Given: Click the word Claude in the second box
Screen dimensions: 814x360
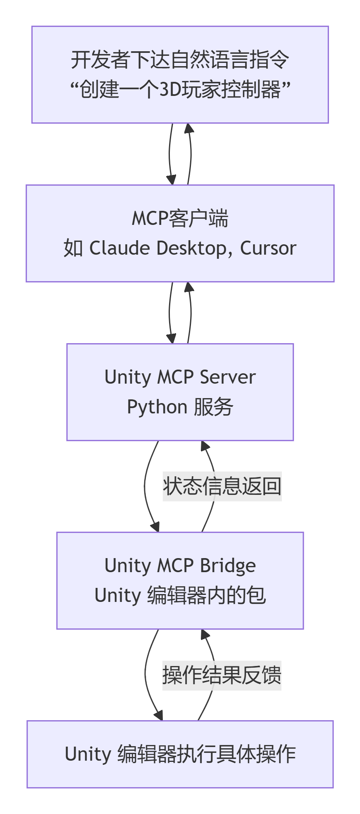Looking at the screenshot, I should tap(119, 248).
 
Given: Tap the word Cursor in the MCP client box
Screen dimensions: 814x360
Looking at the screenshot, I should tap(268, 248).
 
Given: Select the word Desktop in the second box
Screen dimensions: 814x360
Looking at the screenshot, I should tap(190, 248).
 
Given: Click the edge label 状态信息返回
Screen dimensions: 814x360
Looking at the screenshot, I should tap(222, 486).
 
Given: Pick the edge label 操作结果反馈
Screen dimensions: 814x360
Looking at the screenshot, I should tap(222, 675).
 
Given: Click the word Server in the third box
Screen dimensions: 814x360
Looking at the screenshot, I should tap(227, 377).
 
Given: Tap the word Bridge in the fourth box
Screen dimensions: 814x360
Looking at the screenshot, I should tap(228, 566).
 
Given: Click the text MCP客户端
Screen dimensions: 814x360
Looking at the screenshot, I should tap(180, 218).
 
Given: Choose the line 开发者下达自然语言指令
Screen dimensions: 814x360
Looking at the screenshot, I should tap(180, 60).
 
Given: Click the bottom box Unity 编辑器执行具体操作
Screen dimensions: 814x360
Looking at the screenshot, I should tap(180, 754).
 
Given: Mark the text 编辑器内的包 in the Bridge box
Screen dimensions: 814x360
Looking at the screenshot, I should tap(206, 596).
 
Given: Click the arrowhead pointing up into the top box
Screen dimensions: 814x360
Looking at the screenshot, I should tap(189, 128).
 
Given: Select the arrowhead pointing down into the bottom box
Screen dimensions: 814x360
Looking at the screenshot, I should tap(158, 716).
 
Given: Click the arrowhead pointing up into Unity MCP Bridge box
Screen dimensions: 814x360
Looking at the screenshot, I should tap(205, 634).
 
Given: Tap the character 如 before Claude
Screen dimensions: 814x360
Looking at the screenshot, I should tap(73, 248).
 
